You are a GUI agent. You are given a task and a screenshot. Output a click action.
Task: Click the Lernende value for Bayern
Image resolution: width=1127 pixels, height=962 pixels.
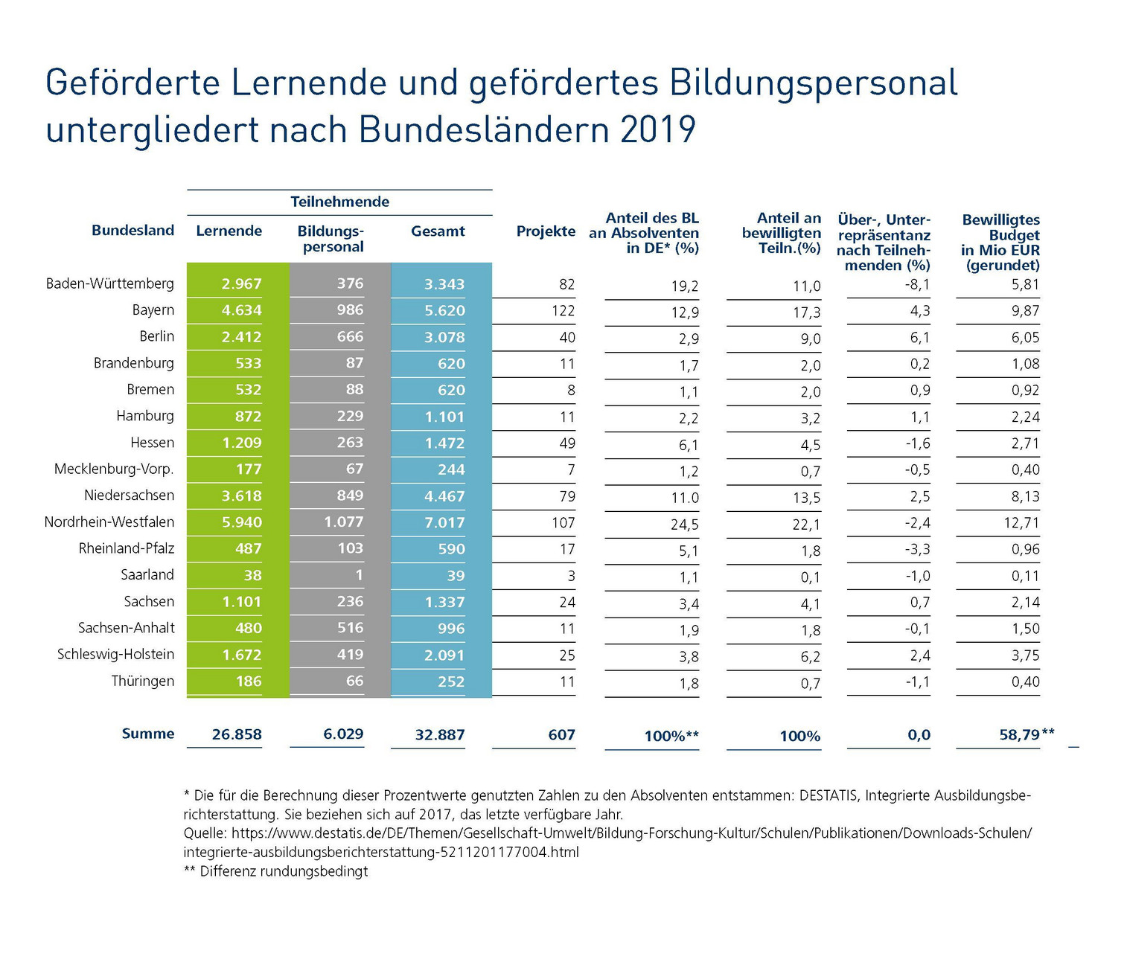click(241, 310)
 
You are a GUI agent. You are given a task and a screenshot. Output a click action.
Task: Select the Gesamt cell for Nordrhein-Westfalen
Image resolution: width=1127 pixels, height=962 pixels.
click(444, 522)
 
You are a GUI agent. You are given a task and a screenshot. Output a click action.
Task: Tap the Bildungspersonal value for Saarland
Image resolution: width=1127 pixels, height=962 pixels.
click(359, 575)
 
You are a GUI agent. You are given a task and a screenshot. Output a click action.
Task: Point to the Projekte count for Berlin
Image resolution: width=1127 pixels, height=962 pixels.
click(566, 337)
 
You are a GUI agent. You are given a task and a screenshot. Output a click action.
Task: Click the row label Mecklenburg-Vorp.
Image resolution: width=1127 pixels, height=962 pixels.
click(114, 469)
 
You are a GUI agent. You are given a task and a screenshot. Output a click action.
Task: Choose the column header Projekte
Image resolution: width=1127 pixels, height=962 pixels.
click(546, 231)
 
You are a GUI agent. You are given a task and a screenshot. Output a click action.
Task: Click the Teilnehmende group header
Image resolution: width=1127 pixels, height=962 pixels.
click(339, 202)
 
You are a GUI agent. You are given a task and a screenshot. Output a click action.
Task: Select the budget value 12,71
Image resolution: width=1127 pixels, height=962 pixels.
click(1021, 522)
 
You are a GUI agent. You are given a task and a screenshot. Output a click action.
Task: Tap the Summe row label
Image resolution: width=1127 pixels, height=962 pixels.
click(147, 734)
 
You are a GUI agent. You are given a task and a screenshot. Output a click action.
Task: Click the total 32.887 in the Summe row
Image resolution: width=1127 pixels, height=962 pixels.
click(439, 735)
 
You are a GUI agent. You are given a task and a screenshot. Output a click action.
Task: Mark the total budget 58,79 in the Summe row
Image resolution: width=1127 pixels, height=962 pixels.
click(1019, 735)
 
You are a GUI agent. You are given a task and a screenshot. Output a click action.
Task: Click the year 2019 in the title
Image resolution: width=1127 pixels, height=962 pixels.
click(657, 130)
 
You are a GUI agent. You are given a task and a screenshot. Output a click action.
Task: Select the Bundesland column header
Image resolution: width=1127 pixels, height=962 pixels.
click(133, 231)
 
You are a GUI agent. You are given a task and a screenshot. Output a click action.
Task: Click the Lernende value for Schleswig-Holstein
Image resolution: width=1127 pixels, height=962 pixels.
click(241, 655)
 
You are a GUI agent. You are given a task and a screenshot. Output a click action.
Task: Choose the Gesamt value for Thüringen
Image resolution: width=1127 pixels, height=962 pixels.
click(450, 682)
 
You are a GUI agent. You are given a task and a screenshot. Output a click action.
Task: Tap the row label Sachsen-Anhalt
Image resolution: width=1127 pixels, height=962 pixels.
click(126, 628)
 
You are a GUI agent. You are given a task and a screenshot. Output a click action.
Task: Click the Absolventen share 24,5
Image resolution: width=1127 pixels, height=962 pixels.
click(684, 524)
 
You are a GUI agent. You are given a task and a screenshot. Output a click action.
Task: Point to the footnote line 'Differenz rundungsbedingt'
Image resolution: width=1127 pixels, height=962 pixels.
click(284, 871)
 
